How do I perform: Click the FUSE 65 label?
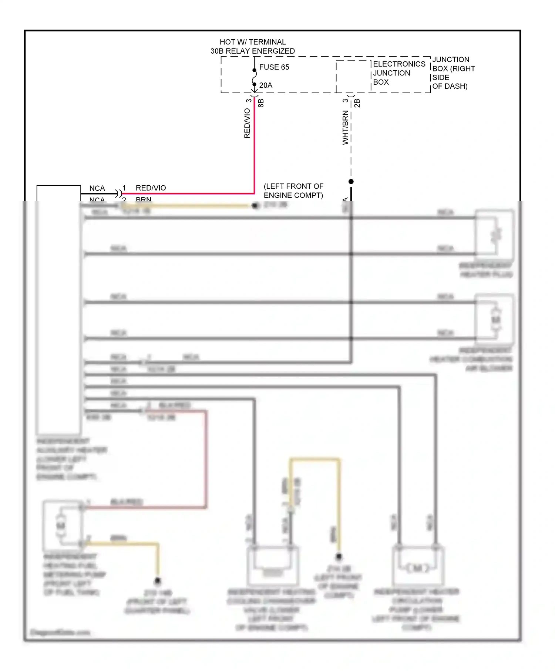(274, 67)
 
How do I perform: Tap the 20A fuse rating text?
(266, 85)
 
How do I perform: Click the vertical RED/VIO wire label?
(247, 124)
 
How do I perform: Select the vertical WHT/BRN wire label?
(345, 127)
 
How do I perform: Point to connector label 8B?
(261, 103)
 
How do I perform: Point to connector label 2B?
(357, 103)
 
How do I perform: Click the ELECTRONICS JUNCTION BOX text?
(398, 73)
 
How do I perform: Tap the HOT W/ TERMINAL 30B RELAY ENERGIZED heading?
(253, 47)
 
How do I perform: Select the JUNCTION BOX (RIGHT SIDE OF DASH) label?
(453, 73)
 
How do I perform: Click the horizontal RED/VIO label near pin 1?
(151, 188)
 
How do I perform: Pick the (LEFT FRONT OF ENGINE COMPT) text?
(293, 190)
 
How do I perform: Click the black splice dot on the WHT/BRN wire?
(351, 182)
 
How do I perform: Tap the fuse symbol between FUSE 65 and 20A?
(255, 77)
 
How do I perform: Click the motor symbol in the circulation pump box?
(417, 568)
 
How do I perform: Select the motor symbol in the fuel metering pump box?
(61, 526)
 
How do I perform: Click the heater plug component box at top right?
(494, 234)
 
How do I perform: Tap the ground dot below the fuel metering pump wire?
(158, 581)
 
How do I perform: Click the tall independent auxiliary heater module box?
(58, 311)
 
